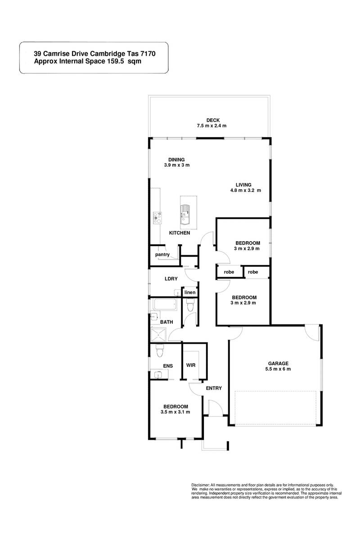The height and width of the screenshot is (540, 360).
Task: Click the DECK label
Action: (212, 120)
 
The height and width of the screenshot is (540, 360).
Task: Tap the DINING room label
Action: (177, 159)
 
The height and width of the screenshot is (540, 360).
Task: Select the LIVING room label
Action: (245, 184)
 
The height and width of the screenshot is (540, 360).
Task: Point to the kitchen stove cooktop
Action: (157, 218)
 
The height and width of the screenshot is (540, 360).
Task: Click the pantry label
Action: (162, 254)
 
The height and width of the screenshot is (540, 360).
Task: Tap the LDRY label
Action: (171, 279)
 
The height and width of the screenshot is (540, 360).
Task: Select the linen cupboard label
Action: (190, 293)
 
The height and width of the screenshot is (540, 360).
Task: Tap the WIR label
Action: (191, 365)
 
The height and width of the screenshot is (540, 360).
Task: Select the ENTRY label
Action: (214, 388)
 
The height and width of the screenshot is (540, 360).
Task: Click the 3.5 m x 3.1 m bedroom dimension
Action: (175, 412)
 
